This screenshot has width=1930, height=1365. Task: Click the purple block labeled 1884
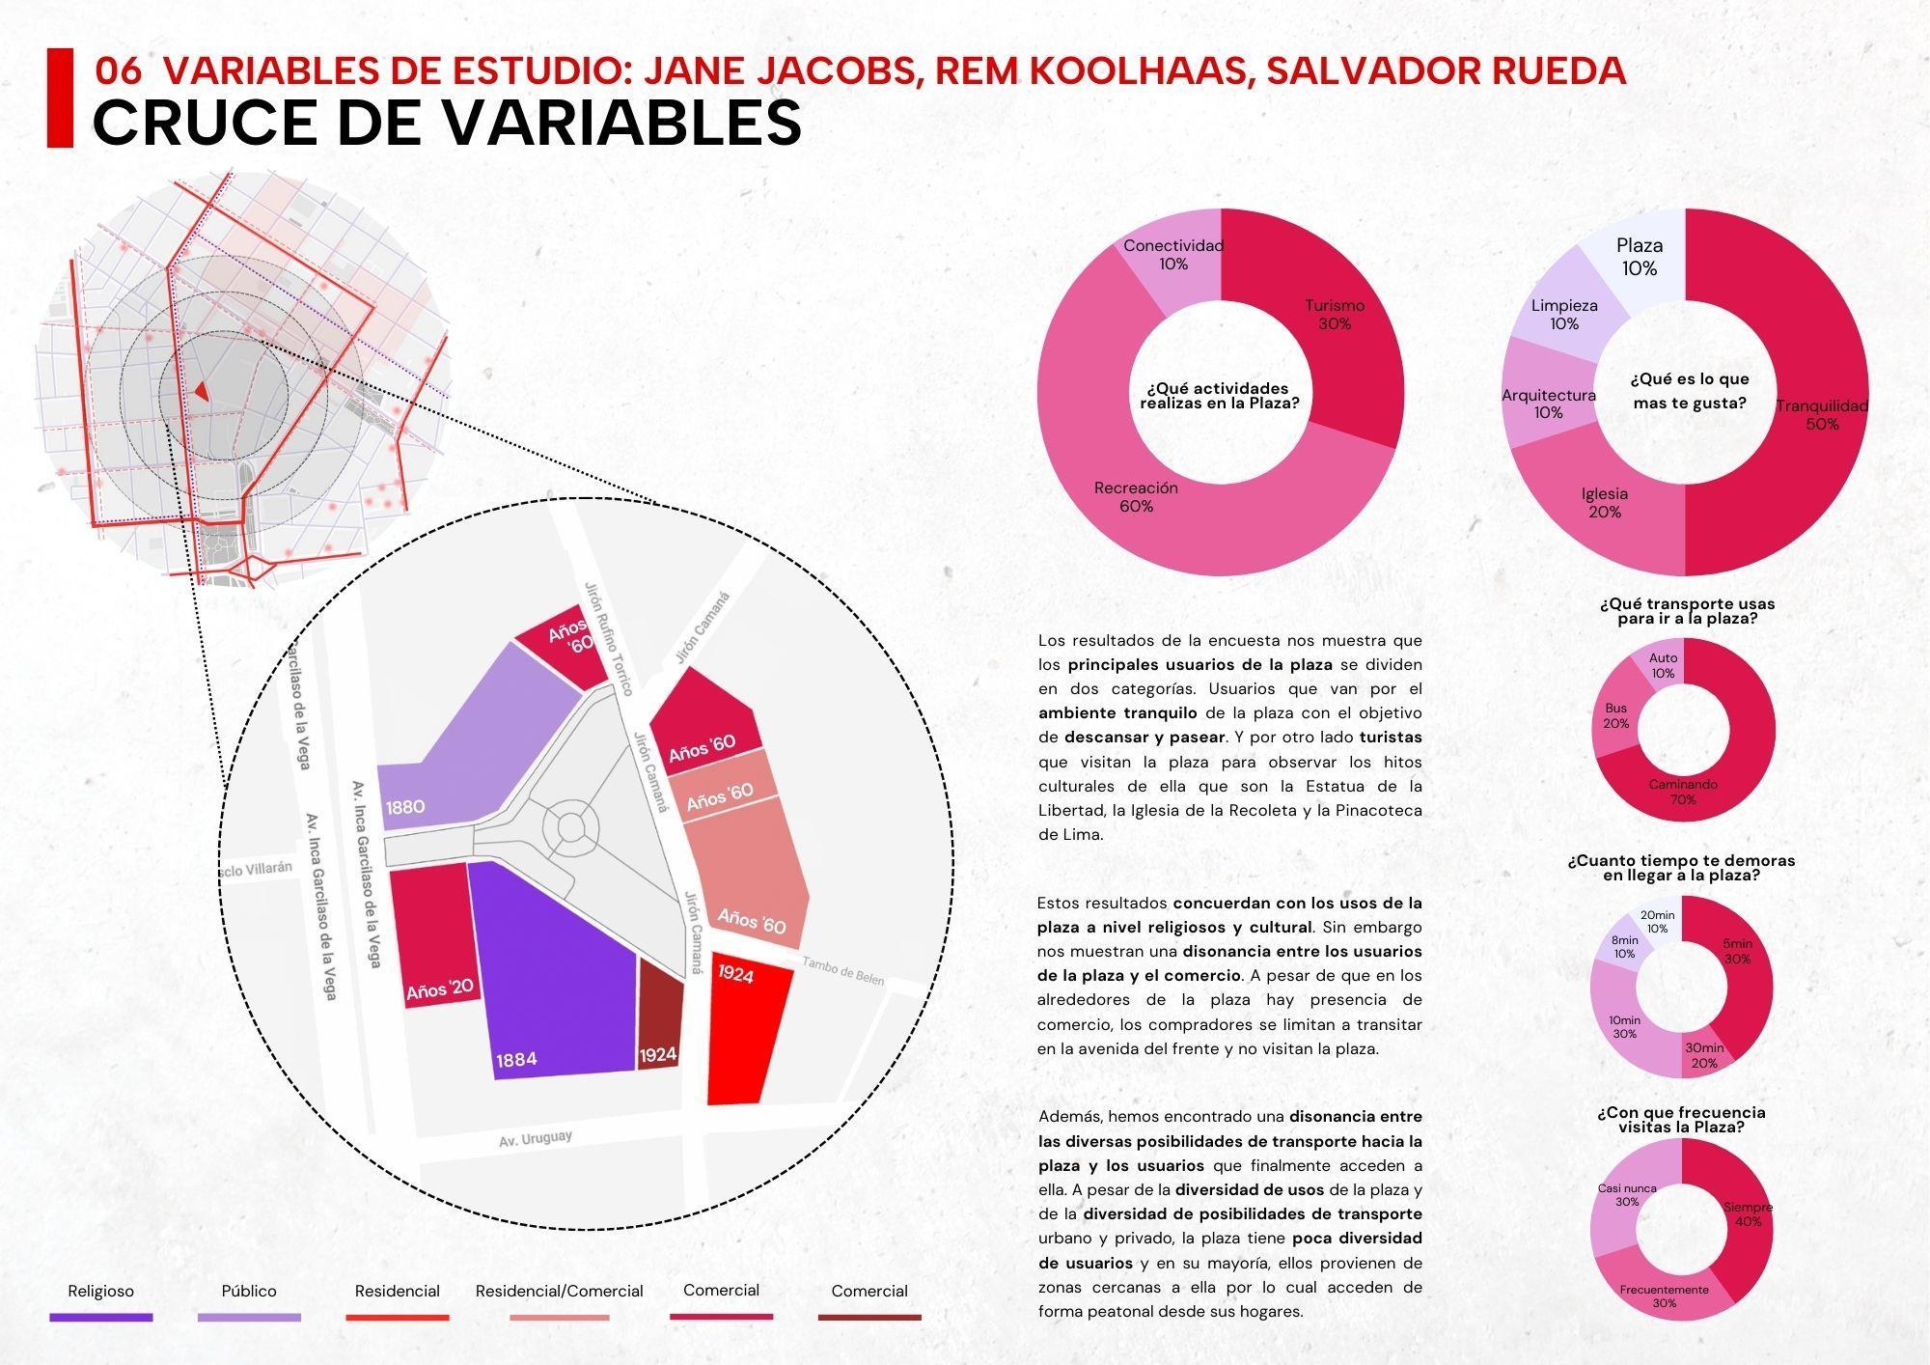coord(550,975)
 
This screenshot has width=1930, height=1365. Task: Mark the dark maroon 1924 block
coord(660,1014)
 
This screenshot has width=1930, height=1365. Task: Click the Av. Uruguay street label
coord(536,1139)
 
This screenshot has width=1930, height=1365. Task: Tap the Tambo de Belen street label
coord(842,970)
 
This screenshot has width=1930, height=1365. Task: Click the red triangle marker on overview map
coord(201,390)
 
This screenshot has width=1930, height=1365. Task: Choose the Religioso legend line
coord(100,1317)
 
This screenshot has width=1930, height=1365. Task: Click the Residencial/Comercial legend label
coord(559,1292)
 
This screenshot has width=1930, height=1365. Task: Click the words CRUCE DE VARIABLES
coord(447,122)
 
